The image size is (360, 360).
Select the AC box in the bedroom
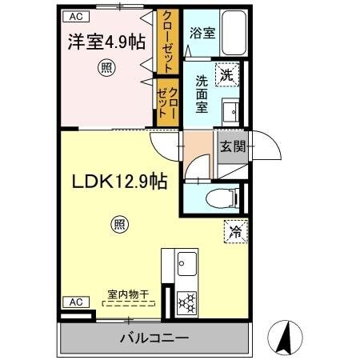pos(74,16)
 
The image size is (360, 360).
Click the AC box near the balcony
pos(74,302)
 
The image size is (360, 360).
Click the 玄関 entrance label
pos(233,146)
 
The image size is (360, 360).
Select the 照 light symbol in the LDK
pos(118,226)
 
